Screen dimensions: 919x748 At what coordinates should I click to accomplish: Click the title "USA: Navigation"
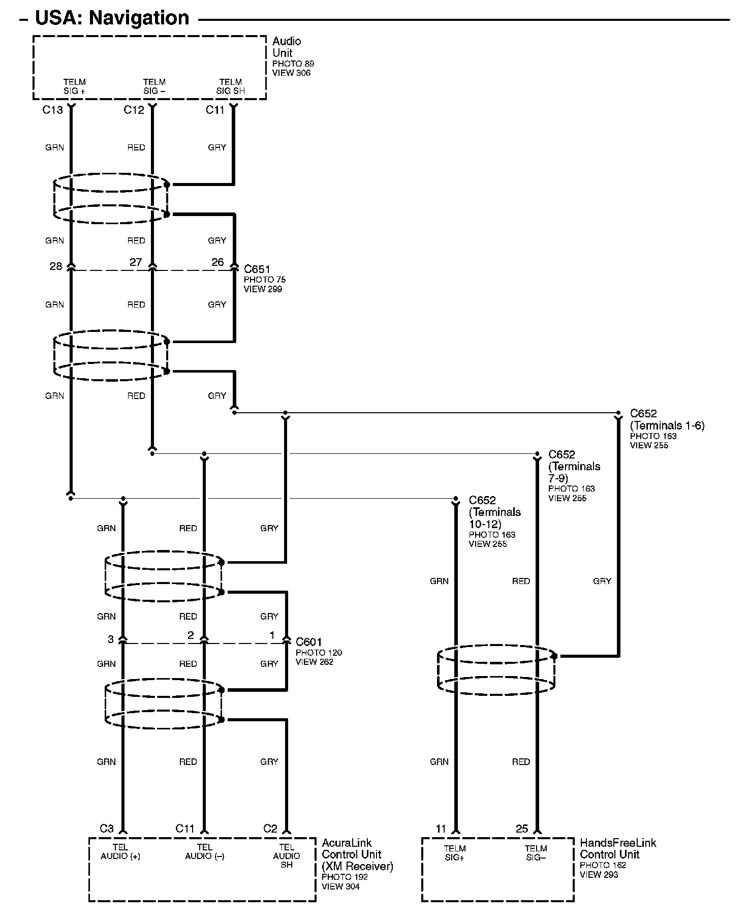click(x=112, y=18)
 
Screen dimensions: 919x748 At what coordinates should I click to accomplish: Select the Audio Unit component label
click(x=287, y=47)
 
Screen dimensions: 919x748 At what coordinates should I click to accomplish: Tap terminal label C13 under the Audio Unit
click(x=52, y=110)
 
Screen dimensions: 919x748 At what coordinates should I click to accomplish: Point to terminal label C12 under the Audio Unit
click(x=134, y=110)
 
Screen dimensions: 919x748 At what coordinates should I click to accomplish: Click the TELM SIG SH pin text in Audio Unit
click(x=230, y=86)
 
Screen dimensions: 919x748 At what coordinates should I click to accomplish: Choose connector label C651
click(x=257, y=269)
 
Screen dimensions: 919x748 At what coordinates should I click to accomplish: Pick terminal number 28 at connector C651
click(x=55, y=266)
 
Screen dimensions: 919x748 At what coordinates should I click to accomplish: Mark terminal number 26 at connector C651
click(x=217, y=262)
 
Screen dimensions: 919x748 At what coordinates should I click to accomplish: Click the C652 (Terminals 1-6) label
click(x=667, y=420)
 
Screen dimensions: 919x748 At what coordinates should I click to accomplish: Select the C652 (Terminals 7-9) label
click(x=574, y=466)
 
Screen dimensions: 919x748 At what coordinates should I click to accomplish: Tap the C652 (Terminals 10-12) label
click(x=494, y=512)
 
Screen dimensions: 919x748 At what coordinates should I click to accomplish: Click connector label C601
click(x=309, y=642)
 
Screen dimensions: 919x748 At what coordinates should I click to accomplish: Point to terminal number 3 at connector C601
click(x=111, y=639)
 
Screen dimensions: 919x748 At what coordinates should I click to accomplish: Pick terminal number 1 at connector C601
click(x=272, y=635)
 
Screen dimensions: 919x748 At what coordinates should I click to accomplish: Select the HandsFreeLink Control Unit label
click(x=617, y=848)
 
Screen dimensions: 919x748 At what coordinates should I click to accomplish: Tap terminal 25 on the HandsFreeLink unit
click(x=522, y=829)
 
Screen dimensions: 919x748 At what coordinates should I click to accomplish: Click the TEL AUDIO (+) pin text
click(x=120, y=852)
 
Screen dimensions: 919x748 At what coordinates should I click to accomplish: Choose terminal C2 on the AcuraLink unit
click(x=270, y=829)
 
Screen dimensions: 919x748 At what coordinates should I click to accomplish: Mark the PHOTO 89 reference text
click(x=293, y=64)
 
